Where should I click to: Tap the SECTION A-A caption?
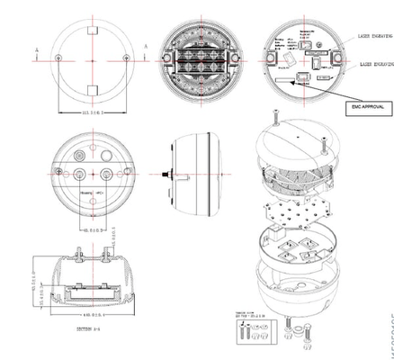[x=90, y=330]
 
